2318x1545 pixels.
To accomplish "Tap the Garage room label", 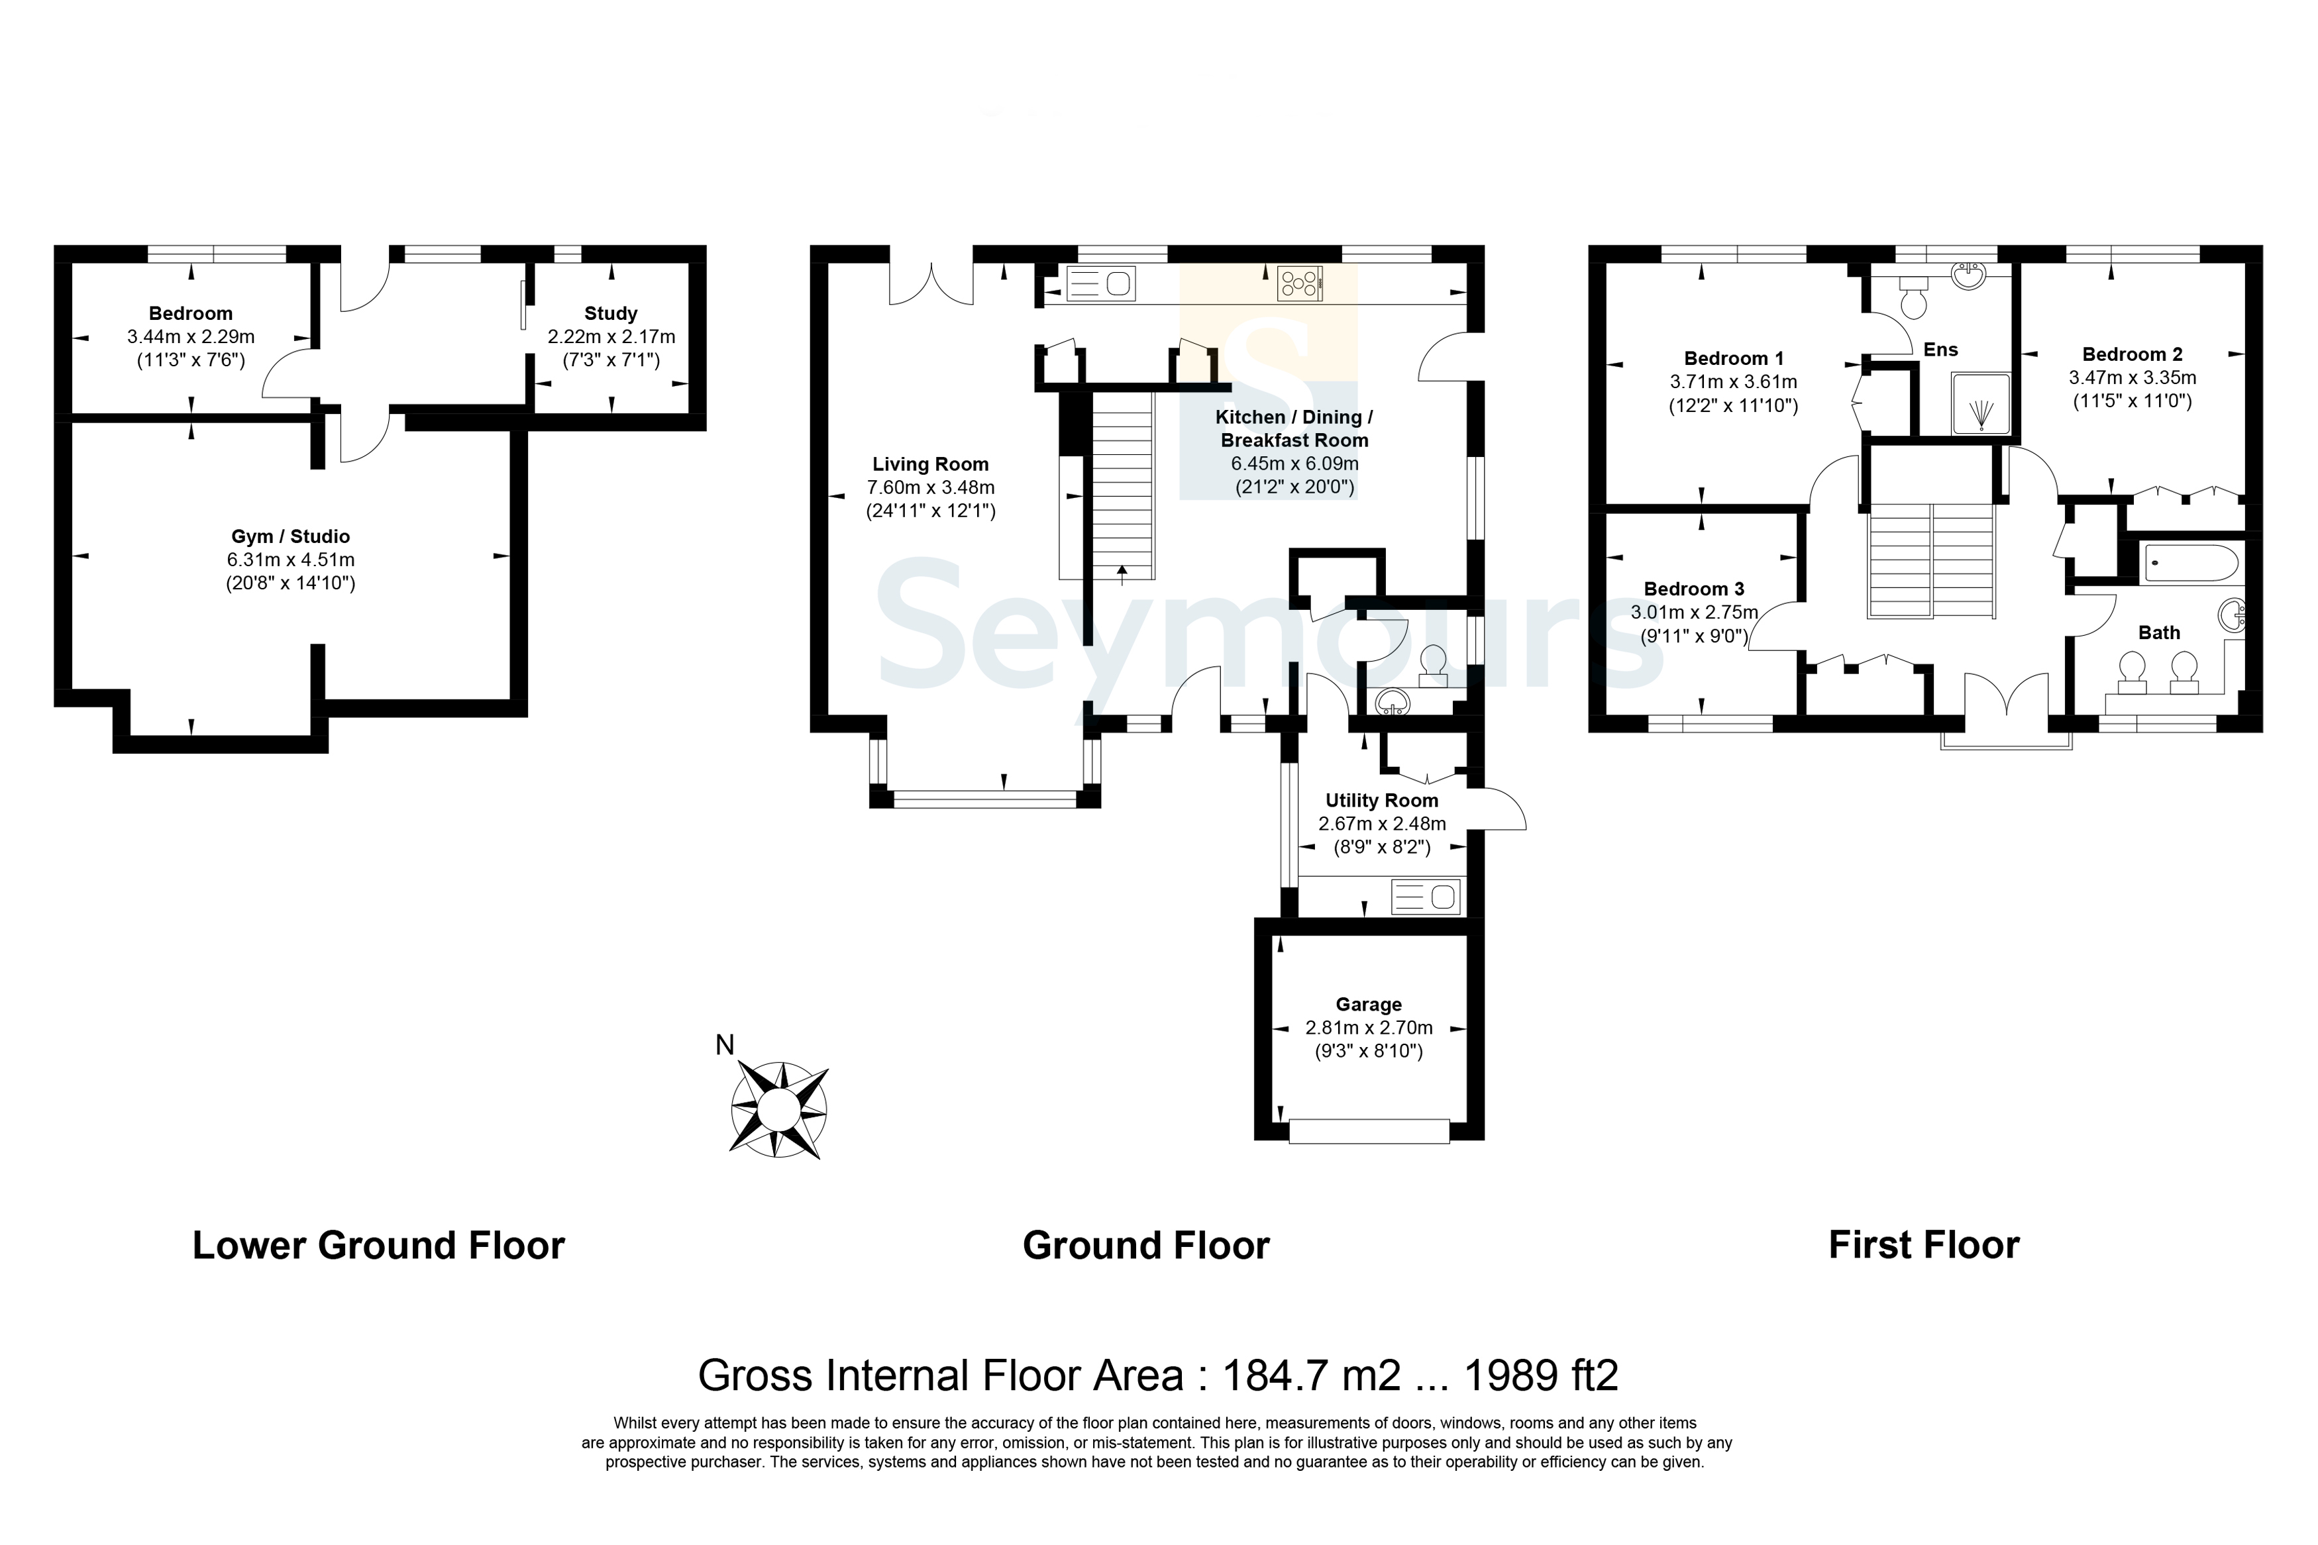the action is pos(1369,1004).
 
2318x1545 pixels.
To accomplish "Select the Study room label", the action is pos(611,313).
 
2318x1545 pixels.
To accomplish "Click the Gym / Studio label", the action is pos(291,536).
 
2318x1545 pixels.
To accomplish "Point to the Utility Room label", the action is pos(1382,800).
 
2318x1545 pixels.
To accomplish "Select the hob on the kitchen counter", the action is pos(1300,284).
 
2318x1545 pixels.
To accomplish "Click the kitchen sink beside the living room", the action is pos(1101,284).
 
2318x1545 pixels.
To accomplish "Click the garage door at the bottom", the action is pos(1369,1130).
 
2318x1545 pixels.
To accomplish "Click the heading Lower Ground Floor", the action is pos(378,1246).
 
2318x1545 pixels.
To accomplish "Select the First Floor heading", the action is pos(1924,1246).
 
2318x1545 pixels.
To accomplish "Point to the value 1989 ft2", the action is pos(1542,1375).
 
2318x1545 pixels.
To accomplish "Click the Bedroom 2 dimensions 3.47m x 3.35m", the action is pos(2133,377).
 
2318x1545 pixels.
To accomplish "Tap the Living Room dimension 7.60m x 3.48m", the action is pos(930,487).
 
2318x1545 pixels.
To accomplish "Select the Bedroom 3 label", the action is pos(1694,588).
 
